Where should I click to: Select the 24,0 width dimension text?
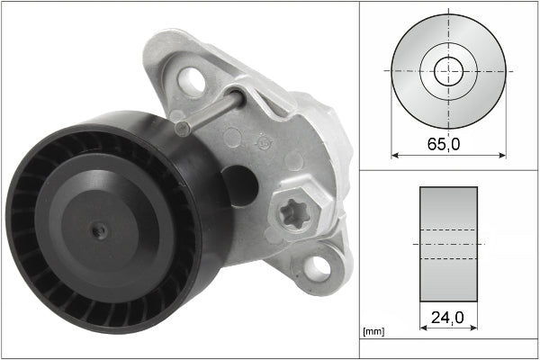(448, 317)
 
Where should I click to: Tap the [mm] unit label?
(372, 331)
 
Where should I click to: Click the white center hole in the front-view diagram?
(448, 71)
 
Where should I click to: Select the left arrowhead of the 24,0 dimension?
(423, 328)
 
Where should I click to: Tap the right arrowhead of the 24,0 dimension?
(473, 328)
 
